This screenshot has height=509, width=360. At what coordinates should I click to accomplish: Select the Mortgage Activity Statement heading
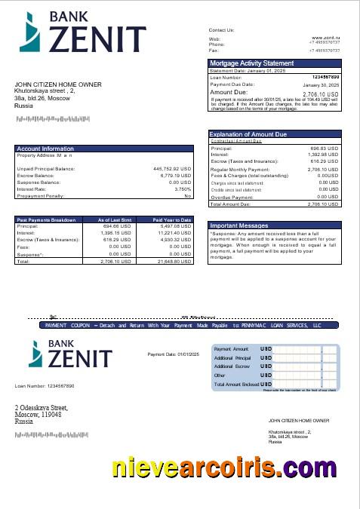(x=251, y=63)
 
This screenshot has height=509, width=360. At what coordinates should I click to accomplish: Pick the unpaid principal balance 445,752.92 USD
(x=172, y=169)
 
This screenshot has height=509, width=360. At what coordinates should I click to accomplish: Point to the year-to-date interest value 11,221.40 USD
(x=174, y=233)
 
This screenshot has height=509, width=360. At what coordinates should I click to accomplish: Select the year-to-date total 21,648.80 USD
(x=174, y=261)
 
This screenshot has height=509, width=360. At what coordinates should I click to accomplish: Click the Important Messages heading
(x=238, y=225)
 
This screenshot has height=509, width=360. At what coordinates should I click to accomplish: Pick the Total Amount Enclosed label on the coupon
(x=236, y=384)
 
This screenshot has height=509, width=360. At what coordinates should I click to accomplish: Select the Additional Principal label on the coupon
(x=232, y=358)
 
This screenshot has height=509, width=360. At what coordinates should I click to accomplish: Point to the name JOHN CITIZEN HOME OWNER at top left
(x=57, y=84)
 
